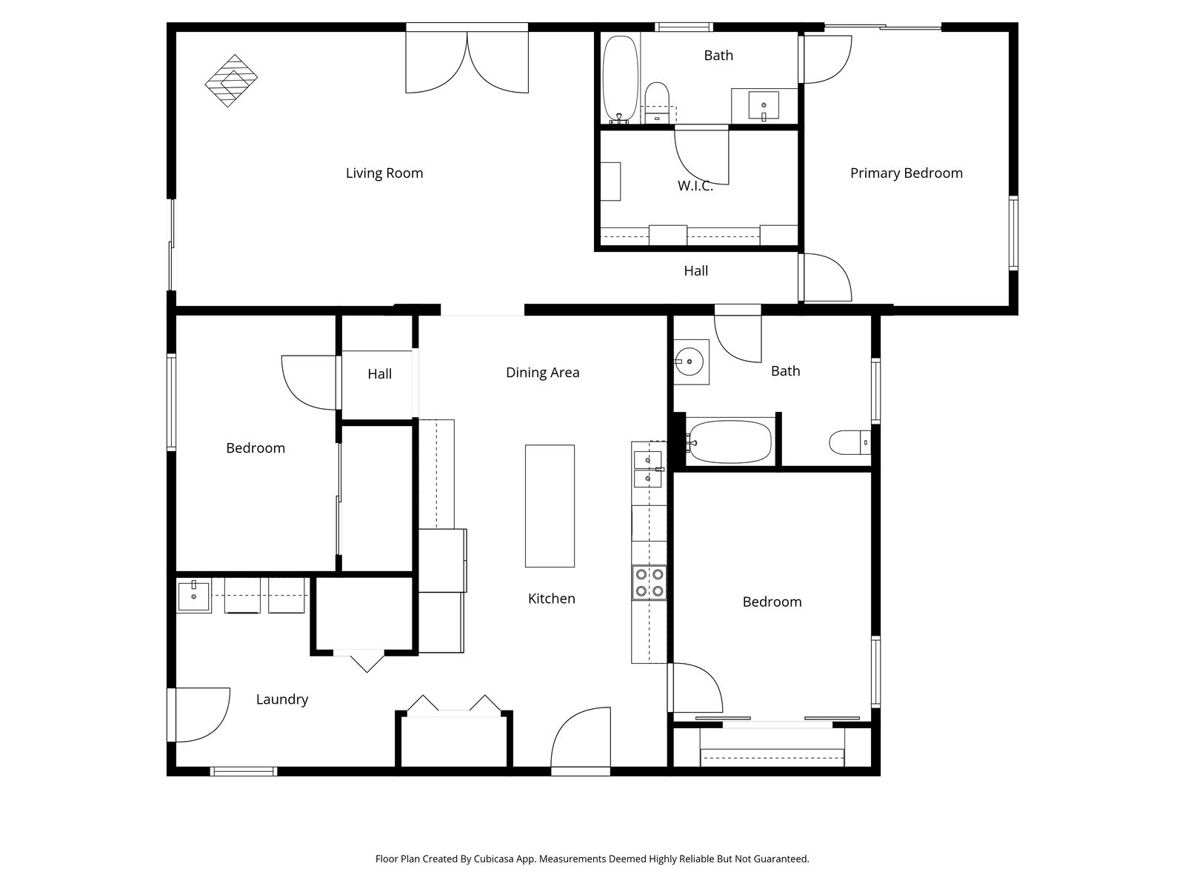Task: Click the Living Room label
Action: coord(384,173)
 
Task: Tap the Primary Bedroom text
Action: coord(906,173)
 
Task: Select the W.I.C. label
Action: coord(695,186)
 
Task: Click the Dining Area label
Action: coord(543,373)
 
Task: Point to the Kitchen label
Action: coord(551,599)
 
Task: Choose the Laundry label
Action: coord(282,699)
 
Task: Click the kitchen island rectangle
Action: coord(550,506)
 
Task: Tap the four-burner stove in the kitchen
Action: coord(649,583)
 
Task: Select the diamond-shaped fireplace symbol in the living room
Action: coord(231,81)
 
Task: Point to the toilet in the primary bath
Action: coord(657,102)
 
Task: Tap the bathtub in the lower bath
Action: coord(730,442)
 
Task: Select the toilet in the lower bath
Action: coord(849,442)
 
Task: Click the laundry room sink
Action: coord(193,596)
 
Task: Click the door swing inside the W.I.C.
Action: coord(701,156)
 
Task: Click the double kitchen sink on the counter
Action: coord(648,469)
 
